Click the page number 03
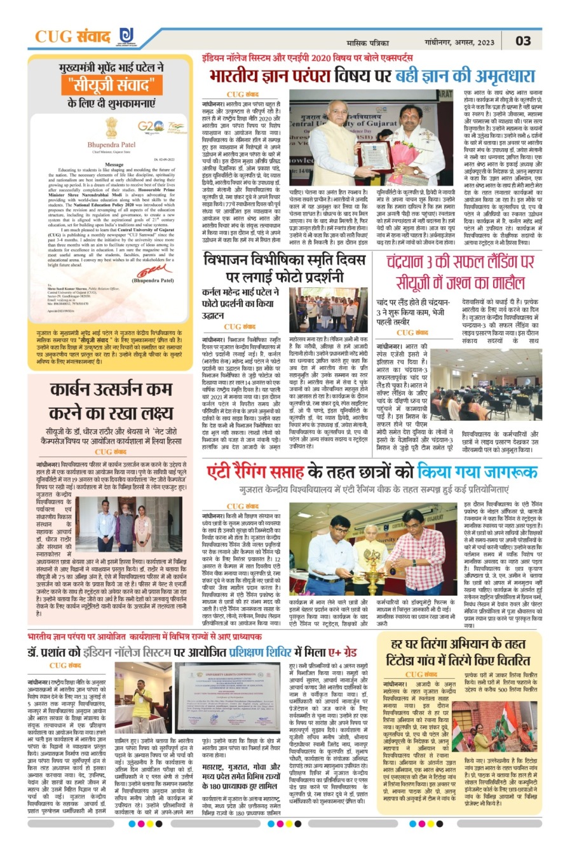523,41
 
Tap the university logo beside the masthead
125,36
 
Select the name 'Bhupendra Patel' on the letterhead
107,144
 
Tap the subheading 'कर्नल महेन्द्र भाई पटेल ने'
241,293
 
